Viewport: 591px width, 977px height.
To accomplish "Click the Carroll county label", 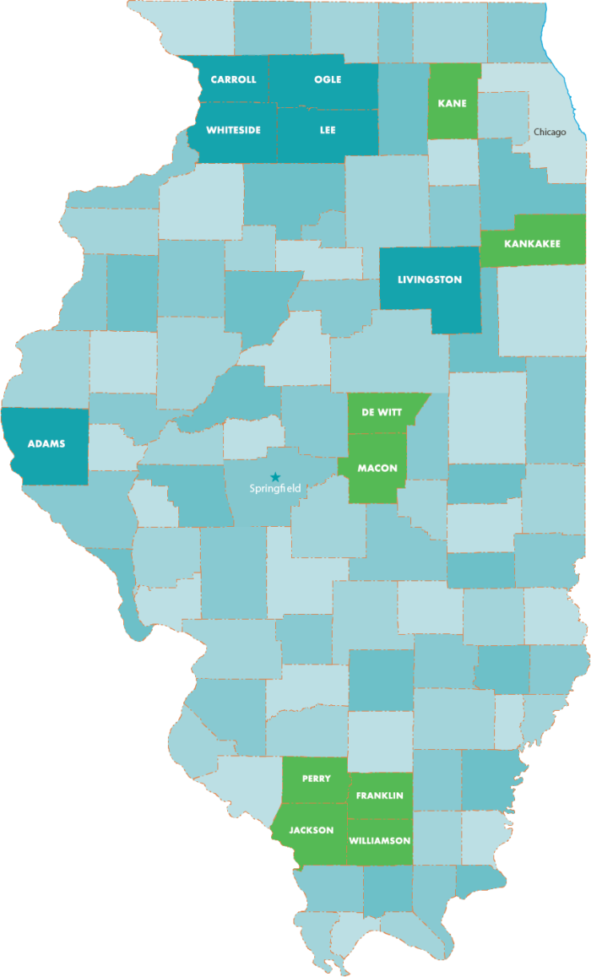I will point(233,80).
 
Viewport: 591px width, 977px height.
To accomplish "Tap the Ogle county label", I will point(328,79).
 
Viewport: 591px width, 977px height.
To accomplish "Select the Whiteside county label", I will point(233,130).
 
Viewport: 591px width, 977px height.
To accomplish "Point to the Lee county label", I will point(328,130).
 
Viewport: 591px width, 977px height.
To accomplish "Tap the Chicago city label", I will point(550,132).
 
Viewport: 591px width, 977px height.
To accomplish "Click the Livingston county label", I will point(430,280).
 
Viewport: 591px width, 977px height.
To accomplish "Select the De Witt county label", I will point(377,412).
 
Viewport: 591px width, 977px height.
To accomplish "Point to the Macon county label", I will point(377,469).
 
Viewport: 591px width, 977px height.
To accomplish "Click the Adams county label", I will point(46,443).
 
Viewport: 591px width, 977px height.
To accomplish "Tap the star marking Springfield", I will point(274,476).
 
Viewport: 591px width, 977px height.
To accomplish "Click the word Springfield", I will point(275,488).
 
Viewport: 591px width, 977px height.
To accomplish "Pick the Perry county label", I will point(316,779).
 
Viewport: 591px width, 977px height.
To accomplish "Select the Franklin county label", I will point(379,795).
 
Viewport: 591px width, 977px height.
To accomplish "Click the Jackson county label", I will point(311,830).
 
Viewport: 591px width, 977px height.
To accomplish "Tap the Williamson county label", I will point(379,840).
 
